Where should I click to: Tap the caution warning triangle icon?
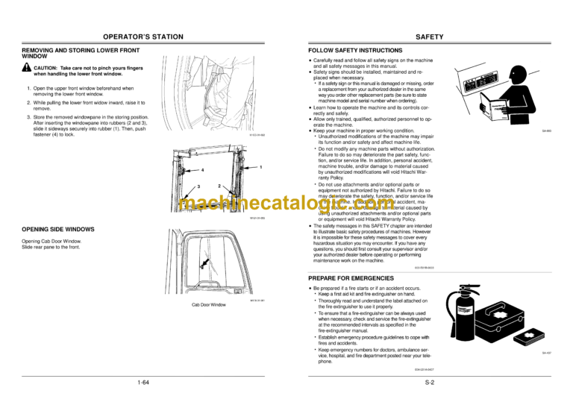click(x=26, y=67)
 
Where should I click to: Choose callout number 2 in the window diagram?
click(x=219, y=184)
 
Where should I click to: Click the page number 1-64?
click(x=143, y=383)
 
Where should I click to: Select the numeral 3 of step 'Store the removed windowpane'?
click(x=28, y=117)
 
